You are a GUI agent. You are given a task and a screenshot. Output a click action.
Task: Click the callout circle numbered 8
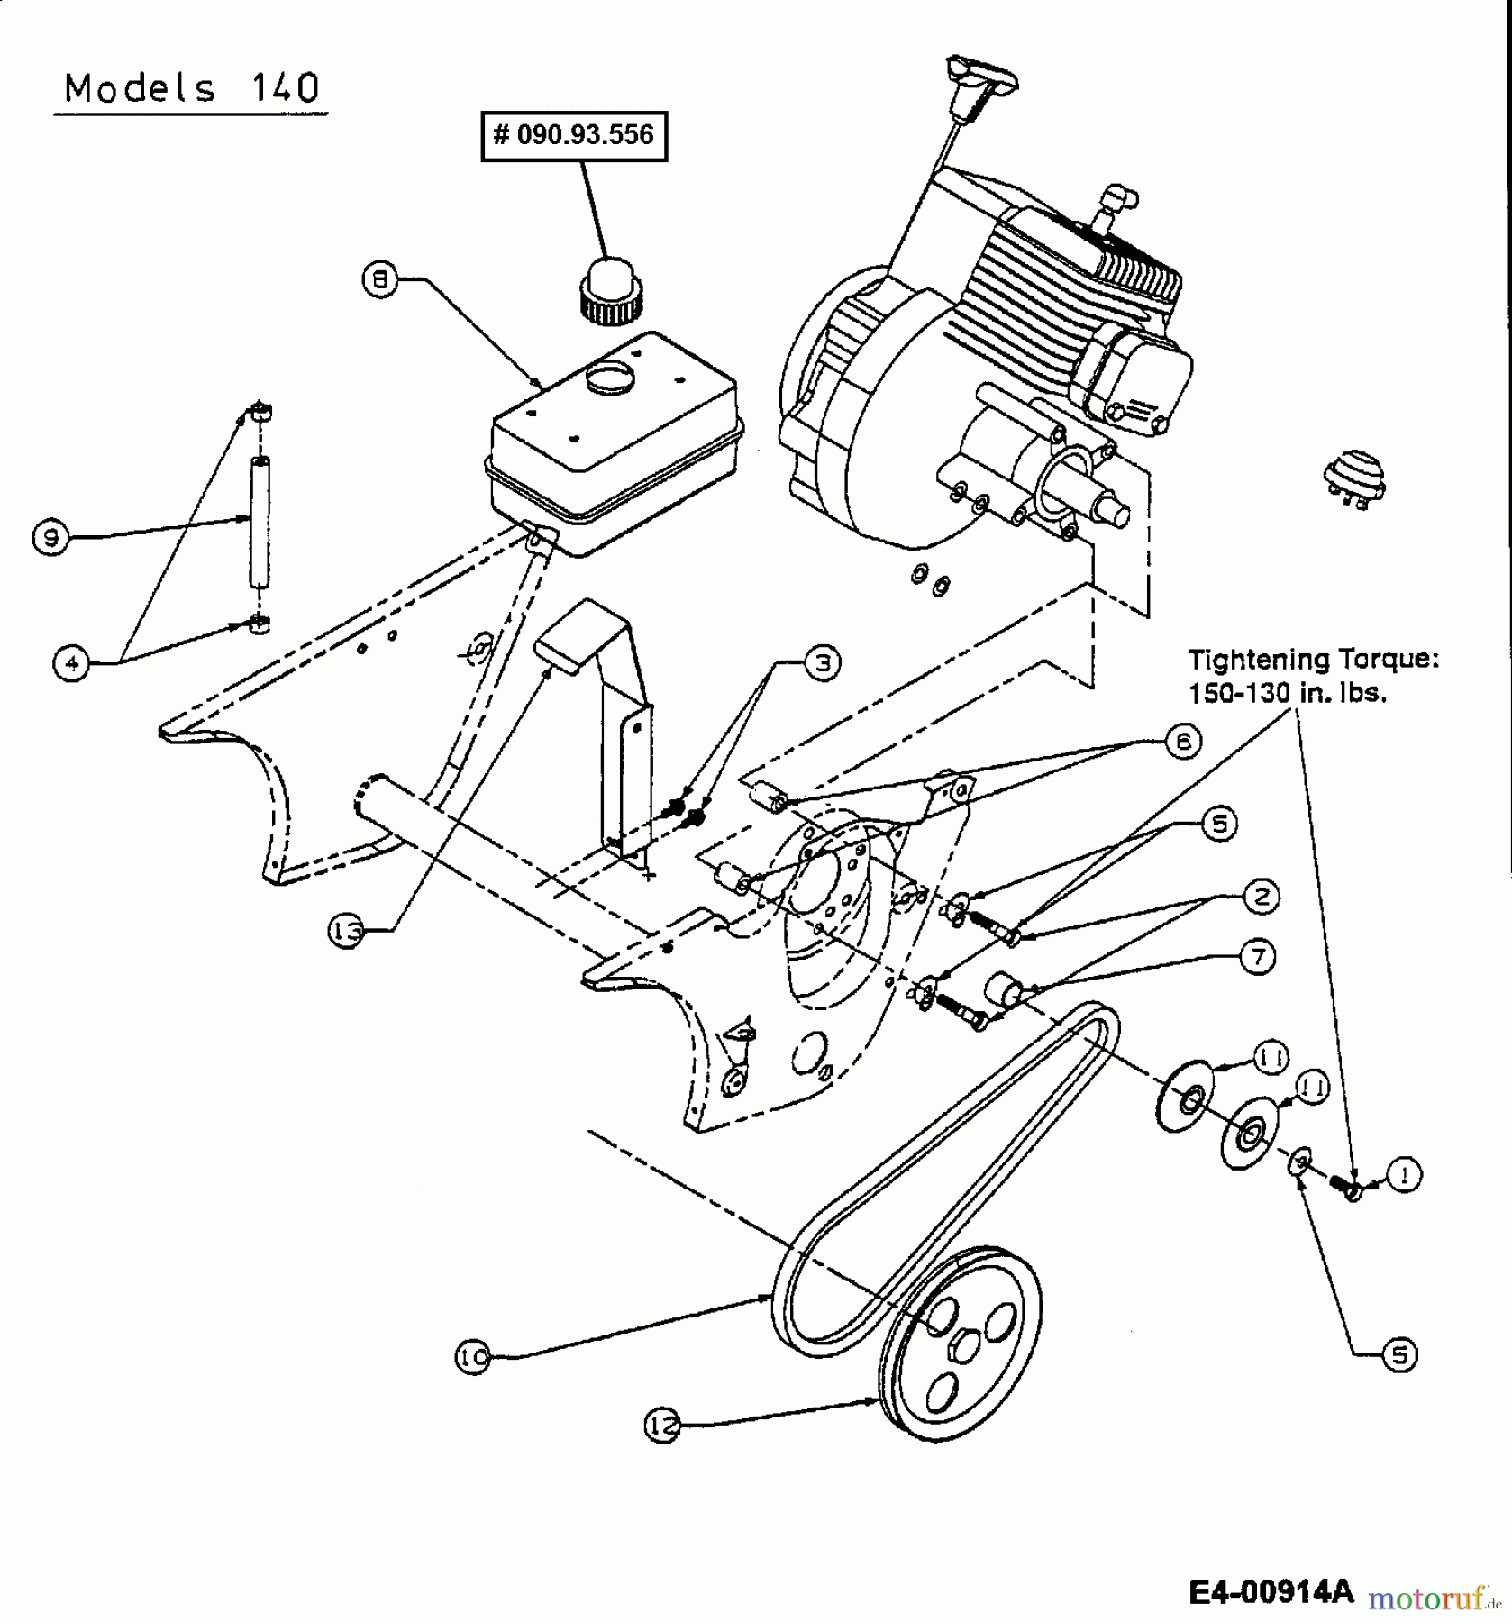(x=380, y=280)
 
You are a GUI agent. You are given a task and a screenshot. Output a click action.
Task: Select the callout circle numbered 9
(x=50, y=538)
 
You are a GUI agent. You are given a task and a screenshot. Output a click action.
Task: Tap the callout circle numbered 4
(x=72, y=663)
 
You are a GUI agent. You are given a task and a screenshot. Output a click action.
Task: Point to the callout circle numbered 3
(x=822, y=662)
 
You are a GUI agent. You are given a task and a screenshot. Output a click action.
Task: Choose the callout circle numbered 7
(x=1258, y=955)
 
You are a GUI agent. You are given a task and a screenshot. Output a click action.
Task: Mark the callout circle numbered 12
(x=662, y=1426)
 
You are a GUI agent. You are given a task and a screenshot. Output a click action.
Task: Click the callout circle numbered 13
(x=346, y=931)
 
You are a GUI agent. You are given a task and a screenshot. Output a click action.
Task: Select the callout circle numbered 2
(x=1261, y=896)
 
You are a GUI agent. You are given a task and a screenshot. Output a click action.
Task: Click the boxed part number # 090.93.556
(x=574, y=136)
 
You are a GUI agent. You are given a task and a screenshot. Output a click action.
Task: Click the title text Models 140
(x=191, y=88)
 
